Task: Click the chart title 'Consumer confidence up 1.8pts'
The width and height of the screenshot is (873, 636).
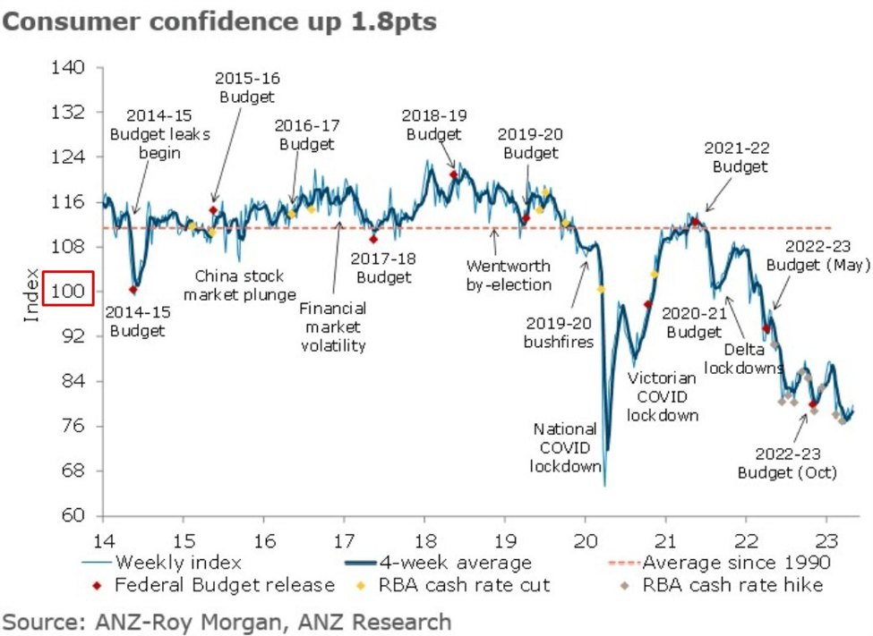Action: pyautogui.click(x=219, y=21)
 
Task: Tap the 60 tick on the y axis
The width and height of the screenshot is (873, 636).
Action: pyautogui.click(x=72, y=516)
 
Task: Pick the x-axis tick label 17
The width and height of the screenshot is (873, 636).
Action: pyautogui.click(x=344, y=542)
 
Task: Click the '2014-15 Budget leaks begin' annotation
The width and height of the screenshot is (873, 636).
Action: pyautogui.click(x=159, y=134)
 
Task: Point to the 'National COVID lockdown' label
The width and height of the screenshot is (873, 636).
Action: pyautogui.click(x=566, y=447)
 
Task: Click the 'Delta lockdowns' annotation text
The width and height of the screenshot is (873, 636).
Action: pyautogui.click(x=744, y=358)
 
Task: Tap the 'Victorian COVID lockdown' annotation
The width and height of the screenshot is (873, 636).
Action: pyautogui.click(x=663, y=396)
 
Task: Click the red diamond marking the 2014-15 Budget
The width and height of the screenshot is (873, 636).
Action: pyautogui.click(x=133, y=289)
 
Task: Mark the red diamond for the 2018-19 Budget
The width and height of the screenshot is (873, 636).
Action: pyautogui.click(x=453, y=175)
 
